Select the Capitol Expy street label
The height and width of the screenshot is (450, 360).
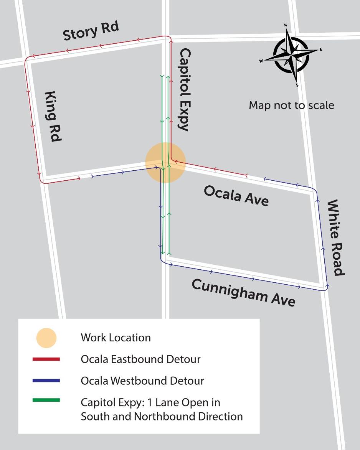tap(184, 90)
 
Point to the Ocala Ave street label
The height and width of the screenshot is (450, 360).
tap(236, 196)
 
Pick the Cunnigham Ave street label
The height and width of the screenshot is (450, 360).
tap(243, 293)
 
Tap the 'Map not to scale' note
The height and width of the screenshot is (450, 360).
tap(291, 105)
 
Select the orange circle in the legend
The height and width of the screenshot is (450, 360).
tap(46, 338)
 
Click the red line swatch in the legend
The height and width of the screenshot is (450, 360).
tap(46, 359)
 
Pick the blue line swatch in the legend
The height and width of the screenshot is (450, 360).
tap(46, 381)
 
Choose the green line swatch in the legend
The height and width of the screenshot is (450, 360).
tap(46, 401)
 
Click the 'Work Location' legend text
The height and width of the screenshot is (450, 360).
tap(116, 338)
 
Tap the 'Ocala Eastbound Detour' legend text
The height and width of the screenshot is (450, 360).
tap(140, 359)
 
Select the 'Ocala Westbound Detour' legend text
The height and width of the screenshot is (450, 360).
tap(142, 381)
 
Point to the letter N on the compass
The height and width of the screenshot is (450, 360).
tap(286, 25)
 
